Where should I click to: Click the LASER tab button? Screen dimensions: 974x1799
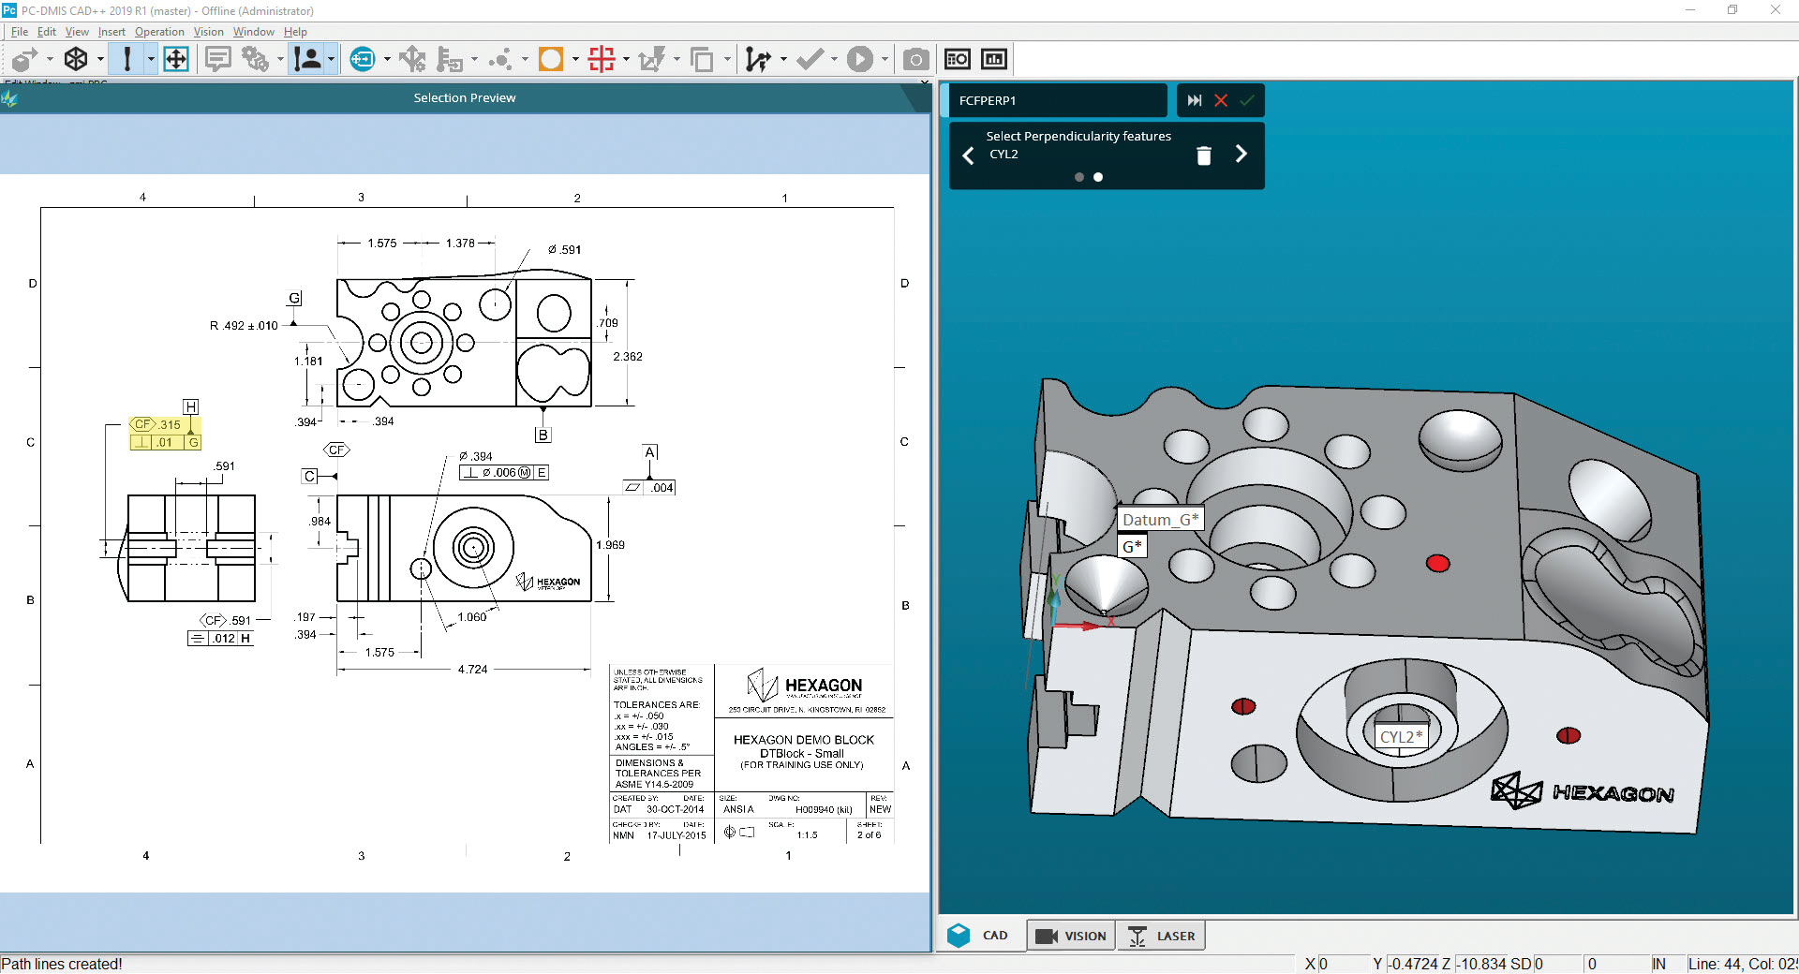pyautogui.click(x=1162, y=936)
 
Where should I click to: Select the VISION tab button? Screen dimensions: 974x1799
pyautogui.click(x=1072, y=936)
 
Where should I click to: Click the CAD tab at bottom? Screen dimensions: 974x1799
pyautogui.click(x=979, y=936)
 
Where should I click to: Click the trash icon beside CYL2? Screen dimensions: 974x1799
pyautogui.click(x=1204, y=155)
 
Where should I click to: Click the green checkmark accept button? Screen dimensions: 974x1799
pyautogui.click(x=1247, y=100)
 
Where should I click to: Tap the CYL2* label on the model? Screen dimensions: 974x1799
pyautogui.click(x=1401, y=737)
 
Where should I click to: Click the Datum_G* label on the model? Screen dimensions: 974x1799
pyautogui.click(x=1160, y=520)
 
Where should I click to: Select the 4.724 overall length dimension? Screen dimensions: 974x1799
pyautogui.click(x=472, y=670)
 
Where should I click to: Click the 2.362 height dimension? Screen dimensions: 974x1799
pyautogui.click(x=628, y=357)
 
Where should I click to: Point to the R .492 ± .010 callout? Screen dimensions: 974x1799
pyautogui.click(x=244, y=326)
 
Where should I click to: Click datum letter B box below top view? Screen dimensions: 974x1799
pyautogui.click(x=543, y=435)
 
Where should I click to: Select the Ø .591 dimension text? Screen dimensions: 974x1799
pyautogui.click(x=565, y=250)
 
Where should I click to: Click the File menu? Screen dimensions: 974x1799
pyautogui.click(x=19, y=32)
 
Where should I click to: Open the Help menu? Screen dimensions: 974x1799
pyautogui.click(x=295, y=32)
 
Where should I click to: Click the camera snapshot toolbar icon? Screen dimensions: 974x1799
pyautogui.click(x=915, y=60)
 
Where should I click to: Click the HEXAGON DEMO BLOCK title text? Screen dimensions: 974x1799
pyautogui.click(x=803, y=740)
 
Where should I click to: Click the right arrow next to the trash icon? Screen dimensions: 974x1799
pyautogui.click(x=1241, y=155)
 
